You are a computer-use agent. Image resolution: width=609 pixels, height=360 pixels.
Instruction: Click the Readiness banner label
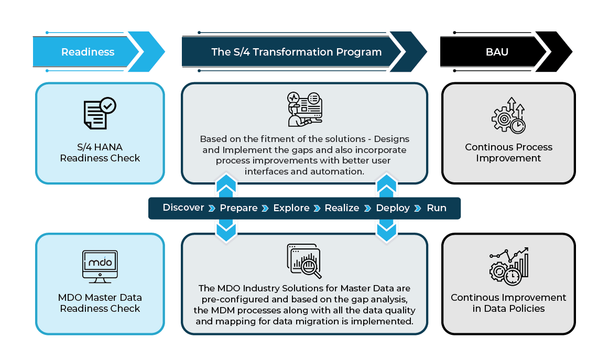click(x=88, y=52)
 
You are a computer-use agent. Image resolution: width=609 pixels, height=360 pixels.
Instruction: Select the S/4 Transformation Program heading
click(x=296, y=52)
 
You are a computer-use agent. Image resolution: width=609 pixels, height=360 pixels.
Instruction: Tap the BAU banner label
click(x=497, y=52)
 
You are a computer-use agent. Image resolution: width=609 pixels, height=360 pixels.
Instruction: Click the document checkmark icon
click(x=100, y=113)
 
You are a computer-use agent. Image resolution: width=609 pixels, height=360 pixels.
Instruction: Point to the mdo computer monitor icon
click(x=100, y=266)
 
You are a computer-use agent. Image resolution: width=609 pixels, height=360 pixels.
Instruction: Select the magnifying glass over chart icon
click(x=304, y=261)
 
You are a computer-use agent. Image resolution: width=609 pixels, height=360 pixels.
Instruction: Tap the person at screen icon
click(x=304, y=109)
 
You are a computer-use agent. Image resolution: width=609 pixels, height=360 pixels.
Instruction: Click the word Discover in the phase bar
click(x=183, y=208)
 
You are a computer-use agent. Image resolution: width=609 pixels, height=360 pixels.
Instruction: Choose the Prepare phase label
click(x=238, y=208)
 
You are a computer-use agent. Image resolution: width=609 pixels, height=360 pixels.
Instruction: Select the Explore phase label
click(x=291, y=208)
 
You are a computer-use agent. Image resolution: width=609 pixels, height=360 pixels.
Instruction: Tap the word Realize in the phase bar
click(x=342, y=208)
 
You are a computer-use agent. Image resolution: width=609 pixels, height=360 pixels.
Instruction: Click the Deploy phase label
click(x=393, y=208)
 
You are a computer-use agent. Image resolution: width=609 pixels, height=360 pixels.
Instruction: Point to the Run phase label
click(x=437, y=208)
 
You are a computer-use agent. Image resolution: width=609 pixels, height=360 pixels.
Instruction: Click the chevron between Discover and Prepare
click(x=212, y=209)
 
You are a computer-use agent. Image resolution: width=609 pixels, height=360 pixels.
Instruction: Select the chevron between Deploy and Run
click(x=418, y=209)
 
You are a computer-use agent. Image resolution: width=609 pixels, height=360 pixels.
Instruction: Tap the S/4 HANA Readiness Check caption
click(x=100, y=152)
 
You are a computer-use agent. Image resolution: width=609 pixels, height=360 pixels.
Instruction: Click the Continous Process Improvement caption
click(x=508, y=152)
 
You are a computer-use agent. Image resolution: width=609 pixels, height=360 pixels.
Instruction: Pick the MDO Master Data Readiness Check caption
click(x=100, y=303)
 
